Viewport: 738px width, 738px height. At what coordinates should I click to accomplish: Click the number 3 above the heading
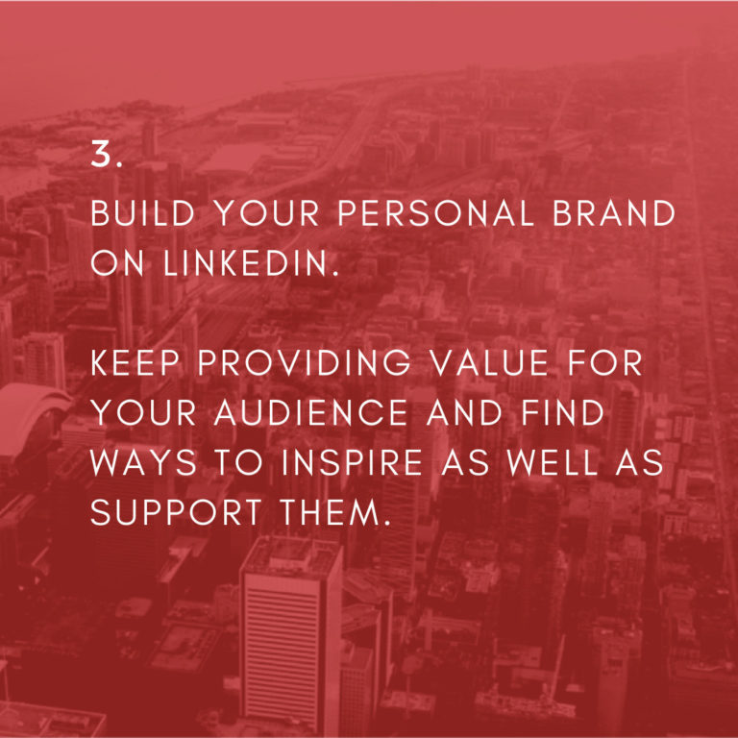click(107, 154)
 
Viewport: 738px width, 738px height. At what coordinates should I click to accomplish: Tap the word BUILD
click(142, 213)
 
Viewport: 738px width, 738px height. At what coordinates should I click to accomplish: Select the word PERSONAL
click(435, 213)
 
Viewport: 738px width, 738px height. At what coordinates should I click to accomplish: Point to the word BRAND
click(614, 213)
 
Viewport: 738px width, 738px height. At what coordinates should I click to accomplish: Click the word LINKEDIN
click(251, 263)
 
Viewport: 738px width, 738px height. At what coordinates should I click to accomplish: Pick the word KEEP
click(135, 363)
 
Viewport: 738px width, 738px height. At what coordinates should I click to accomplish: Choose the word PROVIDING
click(304, 363)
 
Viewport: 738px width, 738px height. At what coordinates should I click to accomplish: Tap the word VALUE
click(490, 363)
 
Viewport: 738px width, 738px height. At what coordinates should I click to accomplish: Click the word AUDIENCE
click(310, 413)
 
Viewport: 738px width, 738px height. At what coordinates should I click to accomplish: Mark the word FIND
click(562, 413)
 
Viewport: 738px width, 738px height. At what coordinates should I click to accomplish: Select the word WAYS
click(143, 462)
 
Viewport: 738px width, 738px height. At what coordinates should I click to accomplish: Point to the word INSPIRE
click(352, 462)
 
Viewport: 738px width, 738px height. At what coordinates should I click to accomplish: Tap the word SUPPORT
click(176, 512)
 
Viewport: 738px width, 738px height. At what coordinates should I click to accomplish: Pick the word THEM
click(335, 512)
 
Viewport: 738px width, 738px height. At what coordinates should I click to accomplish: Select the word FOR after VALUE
click(604, 363)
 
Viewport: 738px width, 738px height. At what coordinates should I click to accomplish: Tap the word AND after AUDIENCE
click(464, 413)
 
